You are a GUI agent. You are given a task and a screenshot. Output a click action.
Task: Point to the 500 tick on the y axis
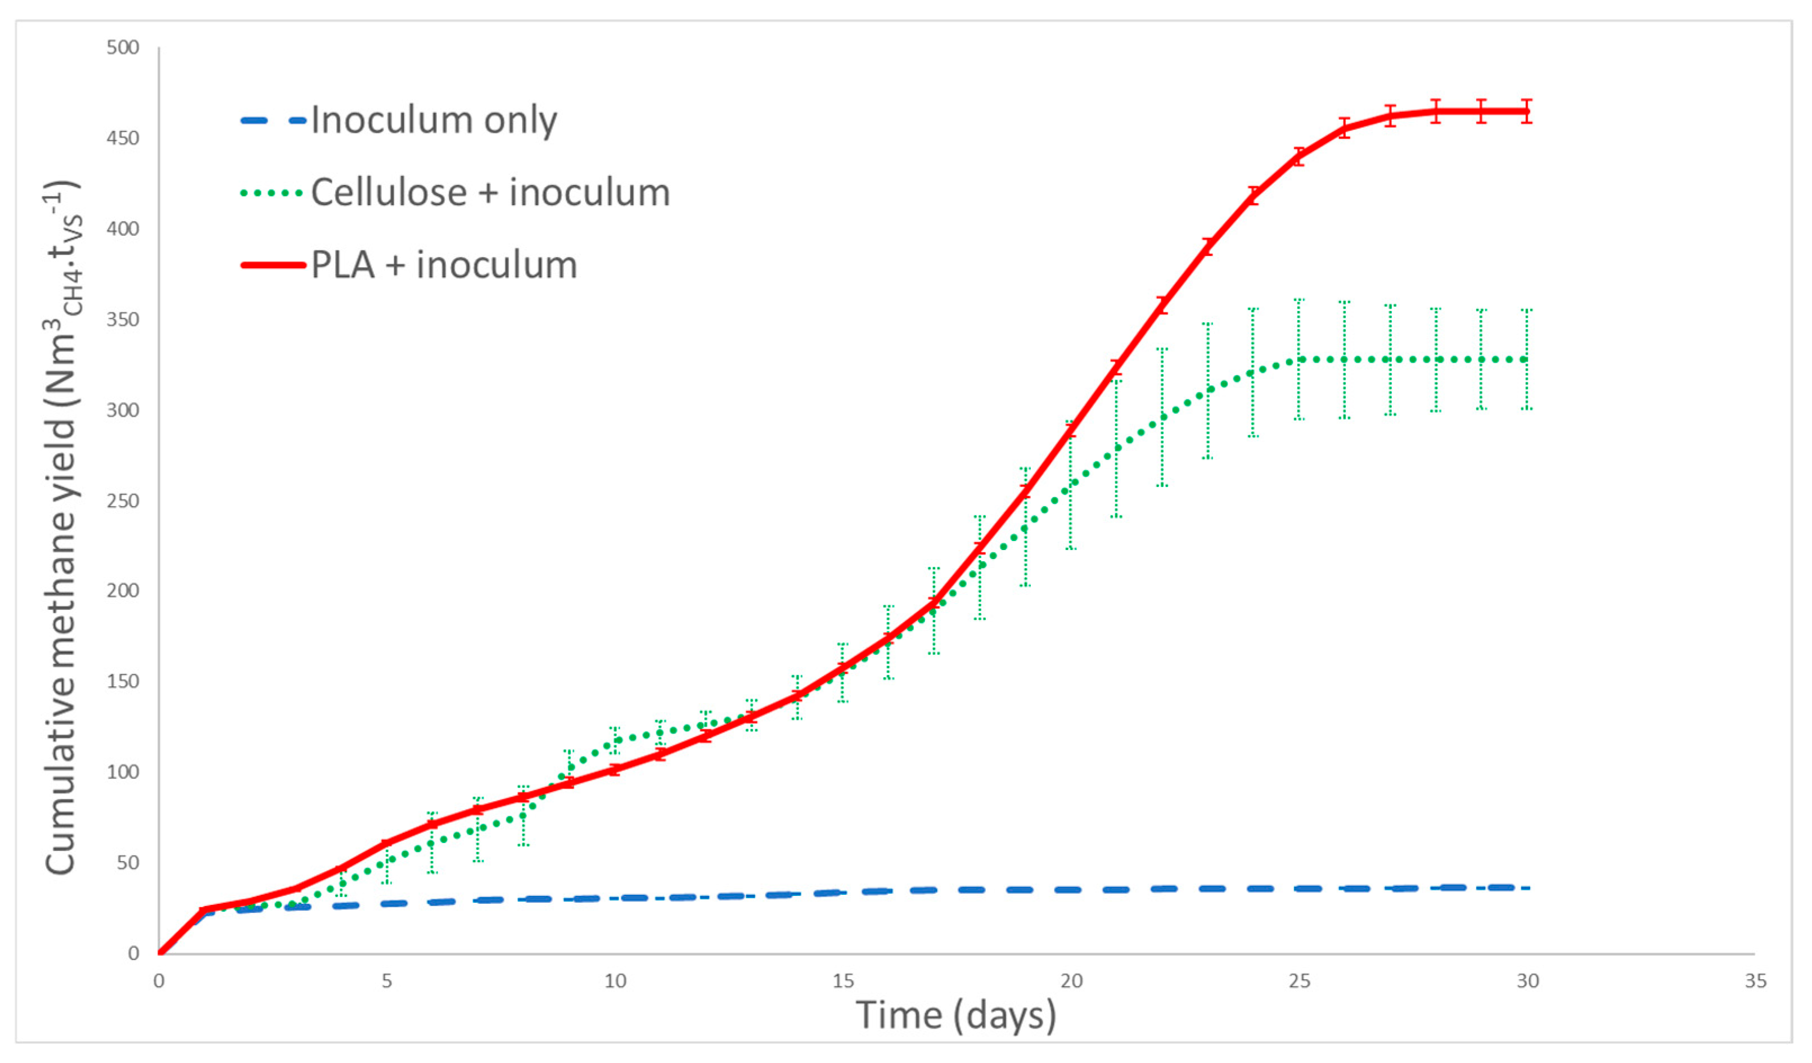(x=123, y=47)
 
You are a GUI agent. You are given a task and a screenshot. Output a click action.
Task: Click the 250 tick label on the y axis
(x=123, y=501)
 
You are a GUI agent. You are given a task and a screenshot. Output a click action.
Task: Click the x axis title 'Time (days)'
(x=955, y=1016)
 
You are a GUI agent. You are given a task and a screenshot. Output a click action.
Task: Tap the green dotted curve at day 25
(x=1299, y=359)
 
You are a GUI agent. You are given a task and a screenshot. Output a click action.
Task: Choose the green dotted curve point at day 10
(x=615, y=741)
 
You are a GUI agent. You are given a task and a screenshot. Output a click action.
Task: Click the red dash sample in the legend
(x=273, y=265)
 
